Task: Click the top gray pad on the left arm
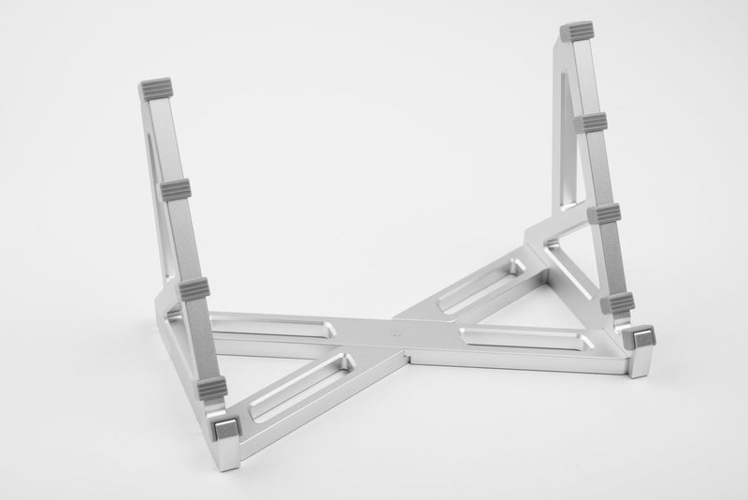click(156, 90)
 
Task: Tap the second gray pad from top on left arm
click(176, 191)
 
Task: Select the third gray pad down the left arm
click(194, 287)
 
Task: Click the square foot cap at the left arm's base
click(224, 430)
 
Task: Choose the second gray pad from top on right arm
click(591, 123)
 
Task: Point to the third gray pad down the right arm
click(604, 213)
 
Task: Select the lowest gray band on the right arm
click(618, 301)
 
